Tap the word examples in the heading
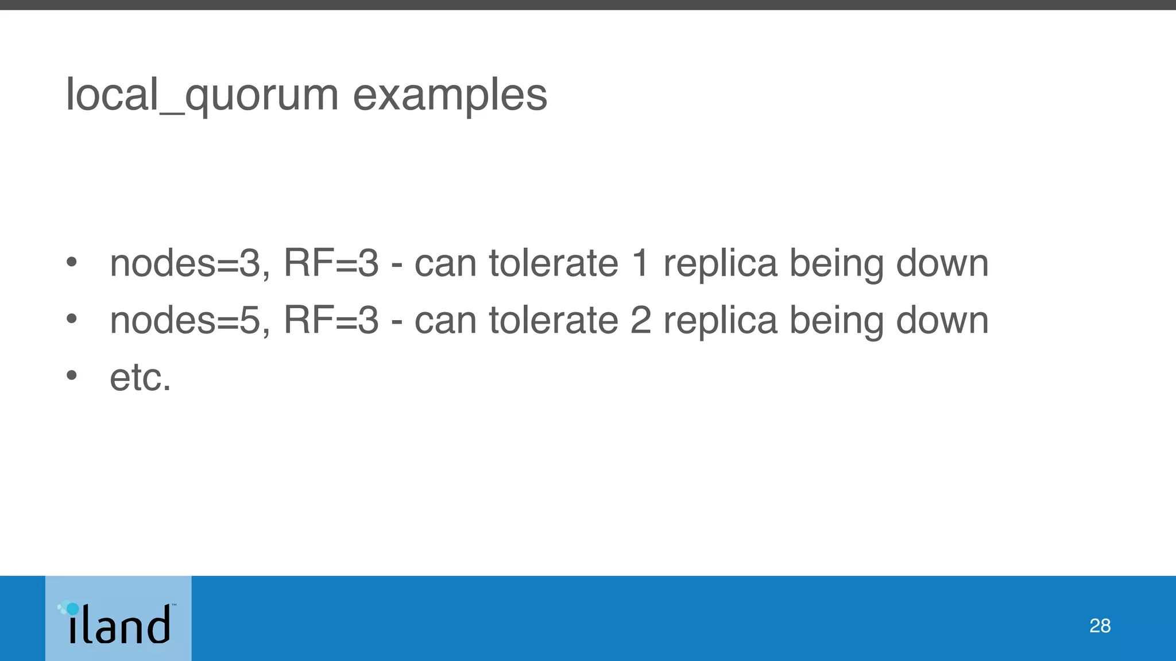point(450,95)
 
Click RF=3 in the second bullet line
point(331,320)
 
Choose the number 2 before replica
point(640,320)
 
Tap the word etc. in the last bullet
point(141,378)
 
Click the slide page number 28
point(1100,625)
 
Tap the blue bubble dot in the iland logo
point(72,608)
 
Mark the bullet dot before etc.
point(71,376)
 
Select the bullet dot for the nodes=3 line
point(71,262)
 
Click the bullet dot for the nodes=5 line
point(71,319)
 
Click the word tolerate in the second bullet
point(554,320)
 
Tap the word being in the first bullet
point(836,265)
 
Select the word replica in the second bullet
point(720,321)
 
